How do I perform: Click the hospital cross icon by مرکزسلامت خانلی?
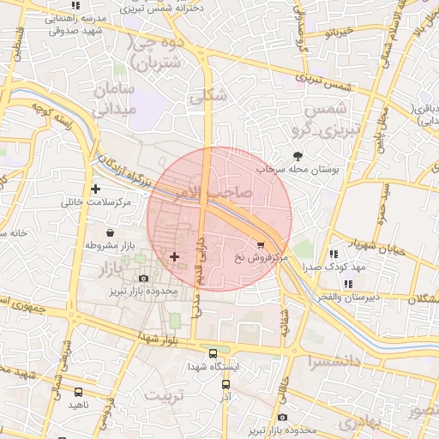[x=94, y=188]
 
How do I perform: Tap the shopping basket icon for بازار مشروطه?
[x=111, y=232]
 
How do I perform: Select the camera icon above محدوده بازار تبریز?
[x=142, y=278]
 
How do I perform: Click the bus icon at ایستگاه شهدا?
[x=213, y=353]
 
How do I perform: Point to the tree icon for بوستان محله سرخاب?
[x=298, y=156]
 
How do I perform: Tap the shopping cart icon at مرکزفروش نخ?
[x=261, y=244]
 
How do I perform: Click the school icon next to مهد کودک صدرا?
[x=333, y=254]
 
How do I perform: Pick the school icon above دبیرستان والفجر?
[x=348, y=284]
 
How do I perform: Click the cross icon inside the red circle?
[x=175, y=256]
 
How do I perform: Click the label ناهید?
[x=79, y=404]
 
